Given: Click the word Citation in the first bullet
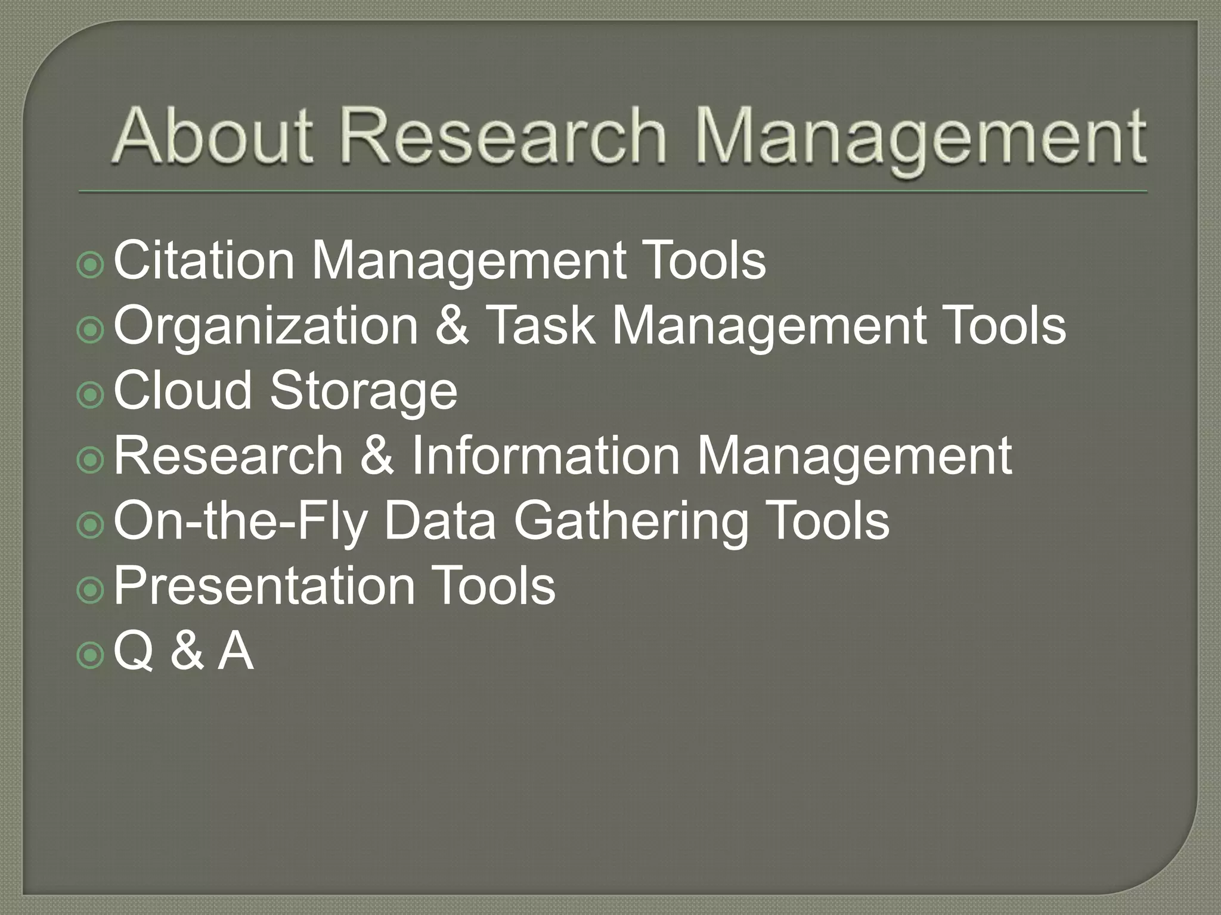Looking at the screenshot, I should point(203,260).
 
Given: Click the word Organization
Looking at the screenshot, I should point(266,327).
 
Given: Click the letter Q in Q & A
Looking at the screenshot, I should point(132,652).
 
